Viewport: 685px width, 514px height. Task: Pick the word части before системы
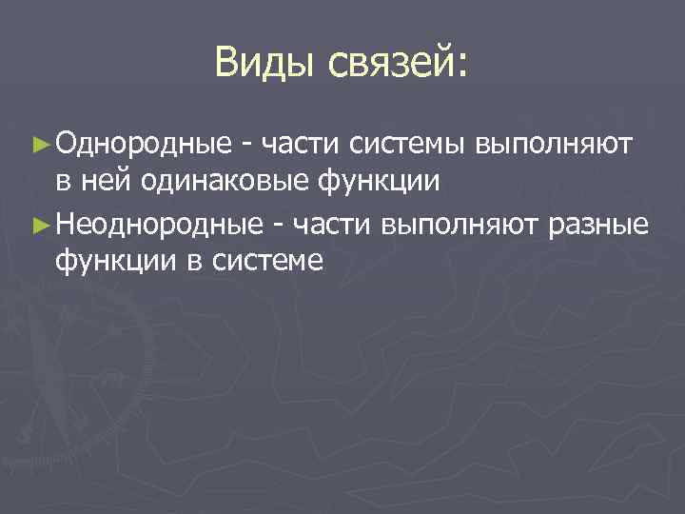click(301, 145)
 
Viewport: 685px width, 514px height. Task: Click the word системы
click(409, 145)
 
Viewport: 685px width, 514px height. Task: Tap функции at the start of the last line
click(115, 260)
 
